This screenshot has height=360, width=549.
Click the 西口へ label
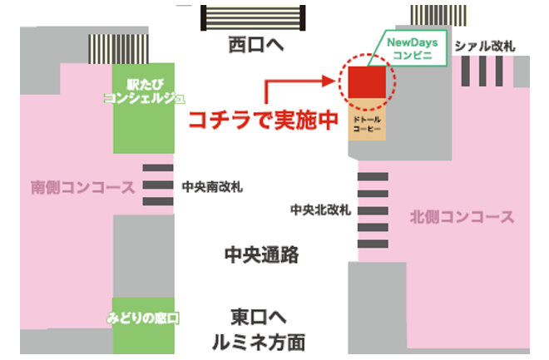click(255, 44)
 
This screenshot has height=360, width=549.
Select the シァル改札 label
click(485, 47)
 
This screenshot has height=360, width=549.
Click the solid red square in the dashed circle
click(366, 81)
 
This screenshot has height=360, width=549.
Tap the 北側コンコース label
click(462, 218)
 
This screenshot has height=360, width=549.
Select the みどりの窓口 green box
click(143, 317)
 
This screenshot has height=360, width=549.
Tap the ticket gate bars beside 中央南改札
click(158, 185)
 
